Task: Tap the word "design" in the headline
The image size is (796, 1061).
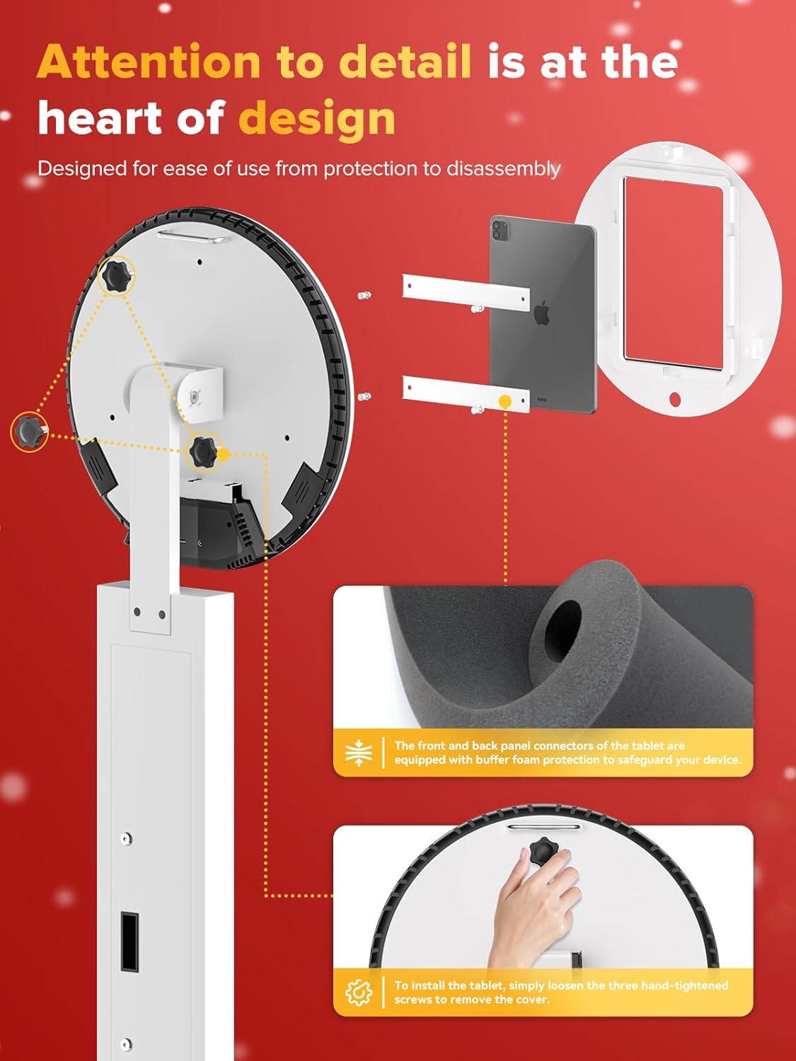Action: [x=316, y=118]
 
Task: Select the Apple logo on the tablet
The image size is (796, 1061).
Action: [x=542, y=312]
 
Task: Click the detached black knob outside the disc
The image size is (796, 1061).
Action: [x=29, y=431]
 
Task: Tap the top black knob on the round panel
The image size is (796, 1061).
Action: [x=116, y=277]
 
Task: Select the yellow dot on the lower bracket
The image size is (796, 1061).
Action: [x=504, y=402]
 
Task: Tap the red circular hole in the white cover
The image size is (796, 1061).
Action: [x=674, y=400]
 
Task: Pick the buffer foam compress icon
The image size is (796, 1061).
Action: [x=359, y=753]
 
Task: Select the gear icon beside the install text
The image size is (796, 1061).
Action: [x=359, y=992]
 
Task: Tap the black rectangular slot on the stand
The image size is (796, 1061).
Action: [x=129, y=941]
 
